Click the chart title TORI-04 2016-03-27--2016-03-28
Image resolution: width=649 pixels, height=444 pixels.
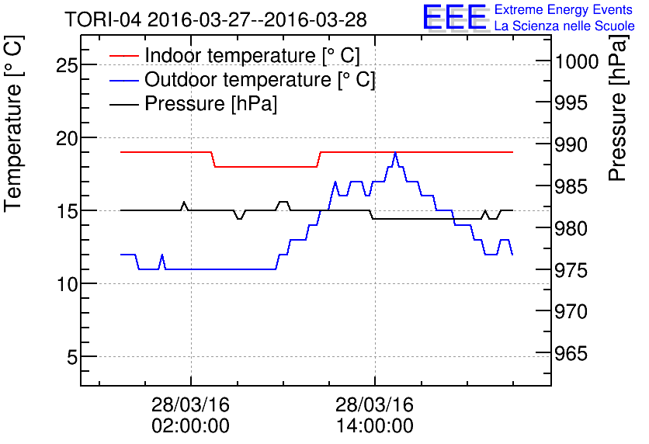216,19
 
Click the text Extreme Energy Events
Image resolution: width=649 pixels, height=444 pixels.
564,10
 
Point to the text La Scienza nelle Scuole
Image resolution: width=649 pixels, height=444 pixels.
564,26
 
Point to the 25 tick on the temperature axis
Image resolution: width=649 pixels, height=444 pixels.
67,64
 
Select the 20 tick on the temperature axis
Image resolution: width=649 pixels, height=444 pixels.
67,137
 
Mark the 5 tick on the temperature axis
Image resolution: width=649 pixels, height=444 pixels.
71,357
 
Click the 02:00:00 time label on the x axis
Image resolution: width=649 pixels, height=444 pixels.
190,425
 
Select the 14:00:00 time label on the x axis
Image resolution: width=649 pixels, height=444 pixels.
375,425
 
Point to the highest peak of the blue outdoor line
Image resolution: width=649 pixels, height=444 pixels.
395,154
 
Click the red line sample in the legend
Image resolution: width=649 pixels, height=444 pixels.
123,56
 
